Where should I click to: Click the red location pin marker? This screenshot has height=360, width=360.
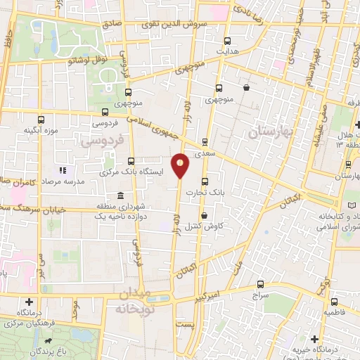coord(181,166)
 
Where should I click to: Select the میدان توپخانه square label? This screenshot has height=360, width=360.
coord(144,302)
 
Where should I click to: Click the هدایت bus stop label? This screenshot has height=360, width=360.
coord(227,51)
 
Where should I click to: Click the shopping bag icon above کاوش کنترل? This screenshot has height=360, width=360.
coord(205,216)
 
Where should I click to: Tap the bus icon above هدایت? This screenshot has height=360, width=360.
coord(227,41)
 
